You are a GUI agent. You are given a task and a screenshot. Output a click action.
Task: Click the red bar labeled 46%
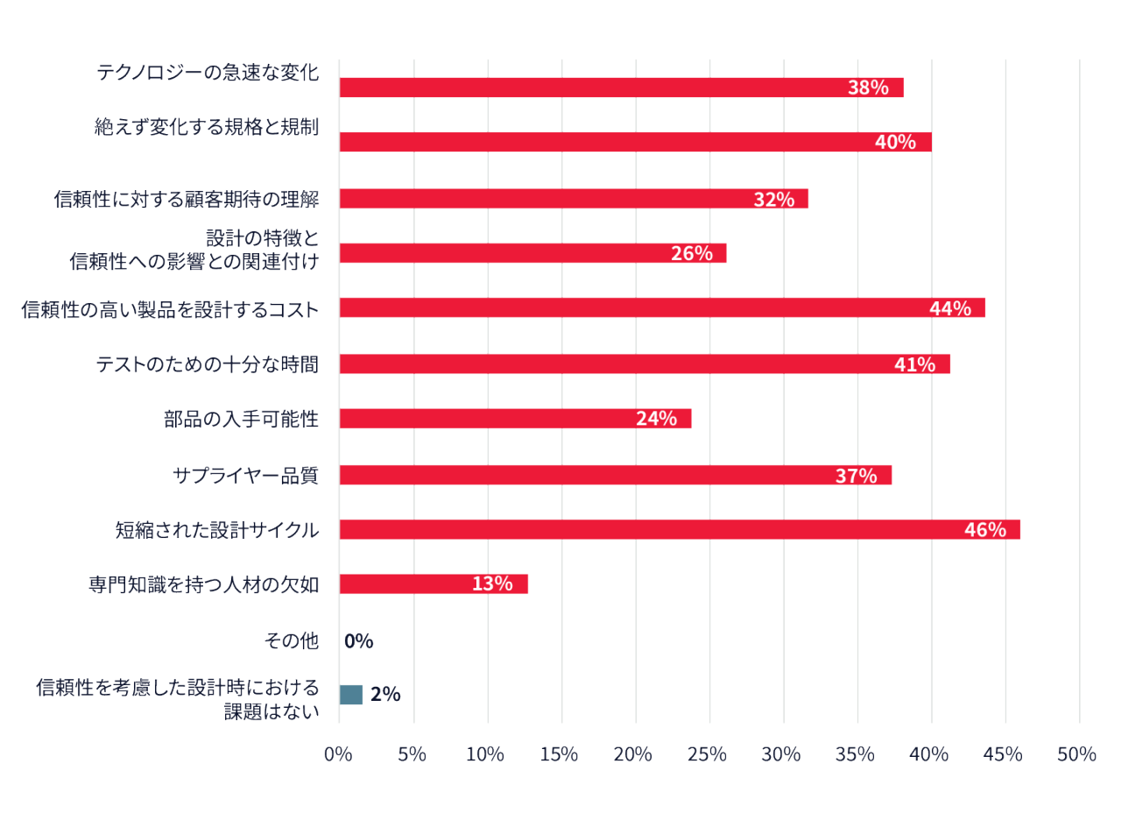tap(680, 530)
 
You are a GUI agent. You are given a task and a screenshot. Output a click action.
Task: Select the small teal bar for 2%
tap(351, 695)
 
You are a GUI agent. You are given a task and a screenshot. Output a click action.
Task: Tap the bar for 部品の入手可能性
tap(516, 419)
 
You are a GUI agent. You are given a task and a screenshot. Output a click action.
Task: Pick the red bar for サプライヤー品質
tap(616, 475)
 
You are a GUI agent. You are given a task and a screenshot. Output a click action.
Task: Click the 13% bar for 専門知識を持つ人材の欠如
tap(434, 584)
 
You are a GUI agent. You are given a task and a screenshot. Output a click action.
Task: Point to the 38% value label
tap(868, 88)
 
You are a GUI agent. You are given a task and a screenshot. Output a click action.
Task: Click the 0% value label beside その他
tap(359, 640)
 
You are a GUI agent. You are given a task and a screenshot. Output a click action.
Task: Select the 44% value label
tap(950, 308)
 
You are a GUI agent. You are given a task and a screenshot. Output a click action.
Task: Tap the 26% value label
tap(692, 253)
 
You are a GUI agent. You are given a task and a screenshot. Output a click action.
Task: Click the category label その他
tap(292, 640)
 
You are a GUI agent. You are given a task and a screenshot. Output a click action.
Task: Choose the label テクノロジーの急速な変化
tap(208, 73)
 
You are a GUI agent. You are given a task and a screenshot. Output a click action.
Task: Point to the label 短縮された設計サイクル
tap(217, 530)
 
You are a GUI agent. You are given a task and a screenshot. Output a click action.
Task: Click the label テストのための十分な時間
tap(208, 364)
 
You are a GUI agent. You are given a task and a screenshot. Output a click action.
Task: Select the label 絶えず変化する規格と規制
tap(207, 127)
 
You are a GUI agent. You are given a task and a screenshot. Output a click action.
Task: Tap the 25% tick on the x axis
tap(707, 754)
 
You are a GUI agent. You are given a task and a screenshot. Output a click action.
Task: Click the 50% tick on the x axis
tap(1076, 754)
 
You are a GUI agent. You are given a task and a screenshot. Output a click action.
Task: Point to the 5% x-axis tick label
tap(412, 754)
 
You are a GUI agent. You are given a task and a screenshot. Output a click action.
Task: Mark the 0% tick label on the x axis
tap(338, 754)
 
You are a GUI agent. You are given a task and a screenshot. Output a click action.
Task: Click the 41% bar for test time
tap(645, 364)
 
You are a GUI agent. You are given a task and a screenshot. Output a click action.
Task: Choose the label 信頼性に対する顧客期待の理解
tap(187, 199)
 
